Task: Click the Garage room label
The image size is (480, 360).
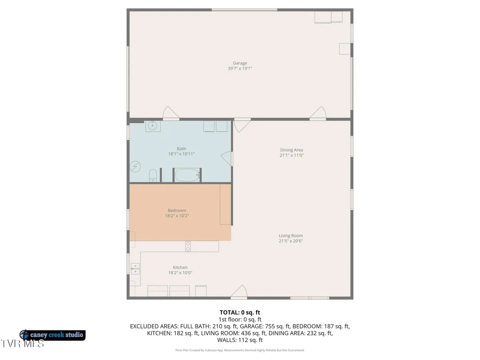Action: pyautogui.click(x=240, y=63)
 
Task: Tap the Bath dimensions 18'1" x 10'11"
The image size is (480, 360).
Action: pyautogui.click(x=181, y=154)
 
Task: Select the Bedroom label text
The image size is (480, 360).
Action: pyautogui.click(x=177, y=210)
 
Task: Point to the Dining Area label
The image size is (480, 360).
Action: pyautogui.click(x=291, y=150)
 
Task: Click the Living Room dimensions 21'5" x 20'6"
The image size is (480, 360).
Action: pyautogui.click(x=291, y=241)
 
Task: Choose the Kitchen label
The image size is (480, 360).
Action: pyautogui.click(x=180, y=267)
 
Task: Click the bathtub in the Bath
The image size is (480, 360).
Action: pyautogui.click(x=187, y=175)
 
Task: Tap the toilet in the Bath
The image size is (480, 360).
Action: pyautogui.click(x=153, y=176)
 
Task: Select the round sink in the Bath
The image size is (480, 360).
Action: pyautogui.click(x=152, y=126)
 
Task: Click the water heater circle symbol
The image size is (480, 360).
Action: pyautogui.click(x=135, y=167)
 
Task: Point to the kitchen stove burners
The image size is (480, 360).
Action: pyautogui.click(x=188, y=246)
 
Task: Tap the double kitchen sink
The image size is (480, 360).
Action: pyautogui.click(x=135, y=269)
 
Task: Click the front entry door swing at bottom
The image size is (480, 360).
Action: pyautogui.click(x=239, y=292)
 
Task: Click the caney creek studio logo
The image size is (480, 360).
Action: pyautogui.click(x=52, y=335)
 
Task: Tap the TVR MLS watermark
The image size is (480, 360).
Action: pyautogui.click(x=22, y=344)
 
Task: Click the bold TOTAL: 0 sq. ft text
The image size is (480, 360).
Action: pyautogui.click(x=240, y=312)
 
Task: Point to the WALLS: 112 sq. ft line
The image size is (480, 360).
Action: pyautogui.click(x=240, y=340)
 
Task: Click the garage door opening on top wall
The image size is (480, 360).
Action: pyautogui.click(x=244, y=10)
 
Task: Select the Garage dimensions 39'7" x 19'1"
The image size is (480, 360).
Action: pyautogui.click(x=240, y=68)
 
